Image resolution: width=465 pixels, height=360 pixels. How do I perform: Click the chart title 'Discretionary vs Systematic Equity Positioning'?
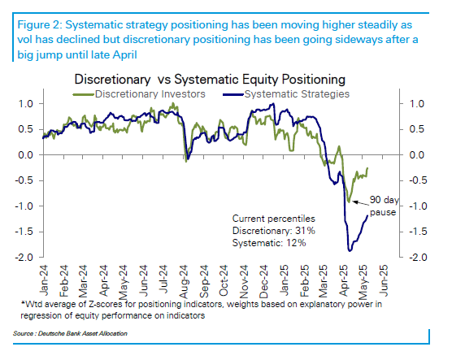pyautogui.click(x=210, y=80)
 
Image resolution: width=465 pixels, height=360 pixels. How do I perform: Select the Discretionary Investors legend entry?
pyautogui.click(x=139, y=94)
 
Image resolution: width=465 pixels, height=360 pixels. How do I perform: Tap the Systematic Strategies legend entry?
pyautogui.click(x=286, y=94)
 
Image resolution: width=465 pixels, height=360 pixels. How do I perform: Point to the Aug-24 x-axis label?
pyautogui.click(x=184, y=281)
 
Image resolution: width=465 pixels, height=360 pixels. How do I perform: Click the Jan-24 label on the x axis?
pyautogui.click(x=44, y=280)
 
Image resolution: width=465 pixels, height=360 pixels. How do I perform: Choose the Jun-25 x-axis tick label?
pyautogui.click(x=383, y=280)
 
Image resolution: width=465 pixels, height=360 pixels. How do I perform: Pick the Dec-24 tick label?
pyautogui.click(x=263, y=281)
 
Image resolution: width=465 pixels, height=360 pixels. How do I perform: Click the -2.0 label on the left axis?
pyautogui.click(x=24, y=257)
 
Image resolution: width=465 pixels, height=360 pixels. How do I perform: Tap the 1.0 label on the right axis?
pyautogui.click(x=417, y=104)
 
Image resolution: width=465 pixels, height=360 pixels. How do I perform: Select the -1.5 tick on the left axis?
pyautogui.click(x=24, y=232)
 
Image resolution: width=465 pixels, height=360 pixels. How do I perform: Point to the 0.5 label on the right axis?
pyautogui.click(x=417, y=129)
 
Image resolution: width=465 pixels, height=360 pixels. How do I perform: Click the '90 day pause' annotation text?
pyautogui.click(x=384, y=206)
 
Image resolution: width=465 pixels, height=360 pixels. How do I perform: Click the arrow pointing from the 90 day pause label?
pyautogui.click(x=360, y=203)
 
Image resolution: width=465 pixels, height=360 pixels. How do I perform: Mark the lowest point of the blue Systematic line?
pyautogui.click(x=350, y=251)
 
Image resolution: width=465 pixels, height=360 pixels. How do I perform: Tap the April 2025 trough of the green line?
pyautogui.click(x=349, y=202)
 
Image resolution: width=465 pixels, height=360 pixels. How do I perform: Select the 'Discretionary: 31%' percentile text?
pyautogui.click(x=273, y=231)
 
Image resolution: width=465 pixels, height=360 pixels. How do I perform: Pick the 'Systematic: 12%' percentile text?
pyautogui.click(x=269, y=243)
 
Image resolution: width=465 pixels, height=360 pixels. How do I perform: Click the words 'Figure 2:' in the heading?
pyautogui.click(x=40, y=25)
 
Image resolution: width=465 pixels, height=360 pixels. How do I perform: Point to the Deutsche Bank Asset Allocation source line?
pyautogui.click(x=70, y=334)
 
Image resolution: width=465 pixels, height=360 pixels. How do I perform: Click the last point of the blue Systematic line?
pyautogui.click(x=367, y=215)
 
